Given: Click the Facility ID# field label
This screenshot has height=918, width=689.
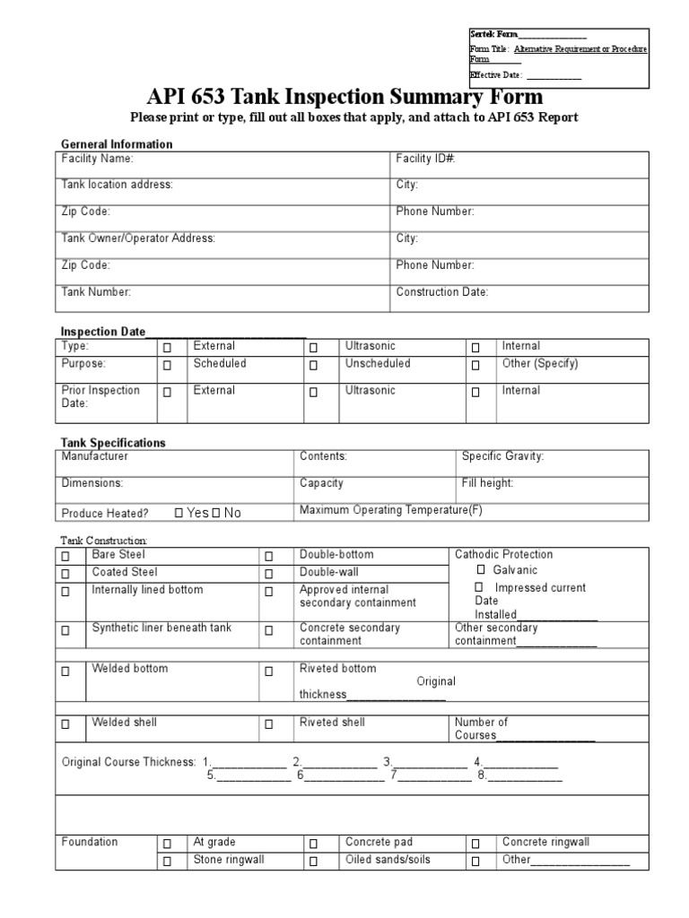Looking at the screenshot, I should [426, 159].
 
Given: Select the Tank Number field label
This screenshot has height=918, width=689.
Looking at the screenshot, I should [96, 291].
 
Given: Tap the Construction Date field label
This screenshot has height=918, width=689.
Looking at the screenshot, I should [442, 292].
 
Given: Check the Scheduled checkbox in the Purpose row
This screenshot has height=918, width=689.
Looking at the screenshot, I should [167, 366].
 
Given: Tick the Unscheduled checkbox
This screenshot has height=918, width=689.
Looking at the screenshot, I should [314, 366].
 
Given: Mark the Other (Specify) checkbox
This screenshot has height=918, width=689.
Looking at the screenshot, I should [476, 366].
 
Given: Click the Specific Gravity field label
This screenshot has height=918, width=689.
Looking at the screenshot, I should [502, 456].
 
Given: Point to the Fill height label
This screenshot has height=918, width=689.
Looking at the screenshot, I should [487, 483].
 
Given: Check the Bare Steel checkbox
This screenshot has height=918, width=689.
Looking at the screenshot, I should [65, 557].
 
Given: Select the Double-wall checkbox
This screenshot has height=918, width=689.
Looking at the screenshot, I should [268, 574].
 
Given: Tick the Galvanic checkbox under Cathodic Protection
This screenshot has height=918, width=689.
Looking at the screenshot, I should [481, 570].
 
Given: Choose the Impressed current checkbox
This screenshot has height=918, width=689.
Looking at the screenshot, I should [479, 587].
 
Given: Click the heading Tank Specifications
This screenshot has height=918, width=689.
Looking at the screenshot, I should [113, 443].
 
